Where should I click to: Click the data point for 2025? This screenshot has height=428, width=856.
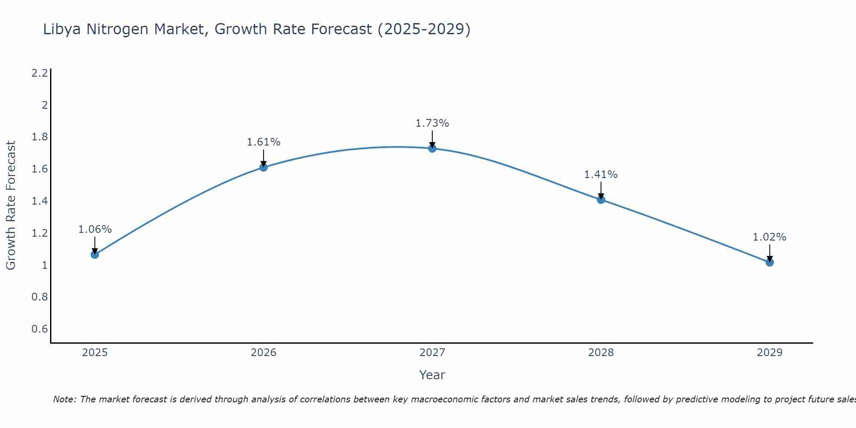coord(95,255)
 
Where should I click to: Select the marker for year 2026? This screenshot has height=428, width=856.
coord(264,167)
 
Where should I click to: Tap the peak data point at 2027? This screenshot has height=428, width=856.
coord(432,149)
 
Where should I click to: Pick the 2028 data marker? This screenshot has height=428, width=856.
coord(601,199)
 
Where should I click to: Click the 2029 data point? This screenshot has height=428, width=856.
coord(770,262)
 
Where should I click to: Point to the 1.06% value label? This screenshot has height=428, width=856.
coord(95,229)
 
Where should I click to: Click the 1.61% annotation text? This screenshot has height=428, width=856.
coord(264,142)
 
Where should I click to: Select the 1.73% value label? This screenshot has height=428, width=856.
coord(432,123)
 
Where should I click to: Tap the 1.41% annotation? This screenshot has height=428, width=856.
coord(601,175)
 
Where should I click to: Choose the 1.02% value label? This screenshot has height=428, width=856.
coord(770,237)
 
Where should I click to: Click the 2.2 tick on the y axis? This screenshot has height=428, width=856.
coord(39,73)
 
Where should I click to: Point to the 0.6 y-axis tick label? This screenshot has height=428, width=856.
coord(39,329)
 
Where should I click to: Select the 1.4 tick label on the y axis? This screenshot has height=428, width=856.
coord(39,201)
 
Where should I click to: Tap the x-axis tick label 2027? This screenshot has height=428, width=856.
coord(432,353)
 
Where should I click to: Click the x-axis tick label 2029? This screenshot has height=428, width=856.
coord(770,353)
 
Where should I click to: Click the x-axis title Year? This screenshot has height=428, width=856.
coord(432,375)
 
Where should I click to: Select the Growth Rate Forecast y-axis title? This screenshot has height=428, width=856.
coord(11,205)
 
